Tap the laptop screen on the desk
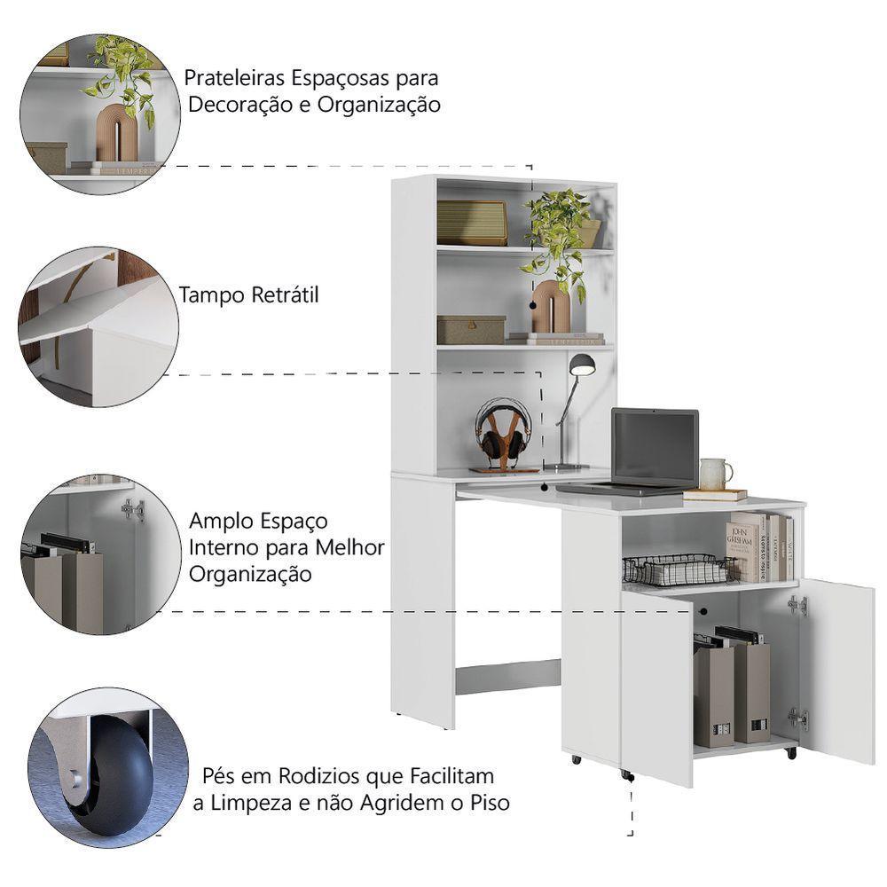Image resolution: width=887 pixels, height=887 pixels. point(655,446)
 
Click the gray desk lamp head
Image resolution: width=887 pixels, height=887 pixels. point(581,363)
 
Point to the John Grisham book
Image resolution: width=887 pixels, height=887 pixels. point(743,546)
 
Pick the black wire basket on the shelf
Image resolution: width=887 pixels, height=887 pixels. point(679,569)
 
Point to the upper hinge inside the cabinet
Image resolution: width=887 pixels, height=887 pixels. point(798,605)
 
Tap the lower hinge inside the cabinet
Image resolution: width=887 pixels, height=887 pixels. point(798,718)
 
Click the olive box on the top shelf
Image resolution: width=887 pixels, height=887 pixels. point(471,222)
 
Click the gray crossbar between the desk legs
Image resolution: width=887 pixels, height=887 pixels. point(507,679)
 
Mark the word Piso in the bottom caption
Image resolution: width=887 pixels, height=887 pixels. point(488,804)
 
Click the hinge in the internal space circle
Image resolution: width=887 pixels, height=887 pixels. point(134,509)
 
